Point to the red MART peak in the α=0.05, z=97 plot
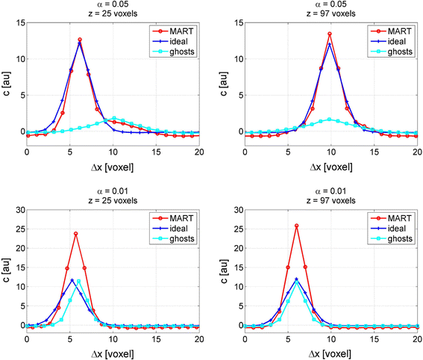pyautogui.click(x=330, y=34)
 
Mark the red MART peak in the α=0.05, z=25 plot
pyautogui.click(x=80, y=40)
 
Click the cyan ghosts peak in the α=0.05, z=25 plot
pyautogui.click(x=114, y=118)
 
